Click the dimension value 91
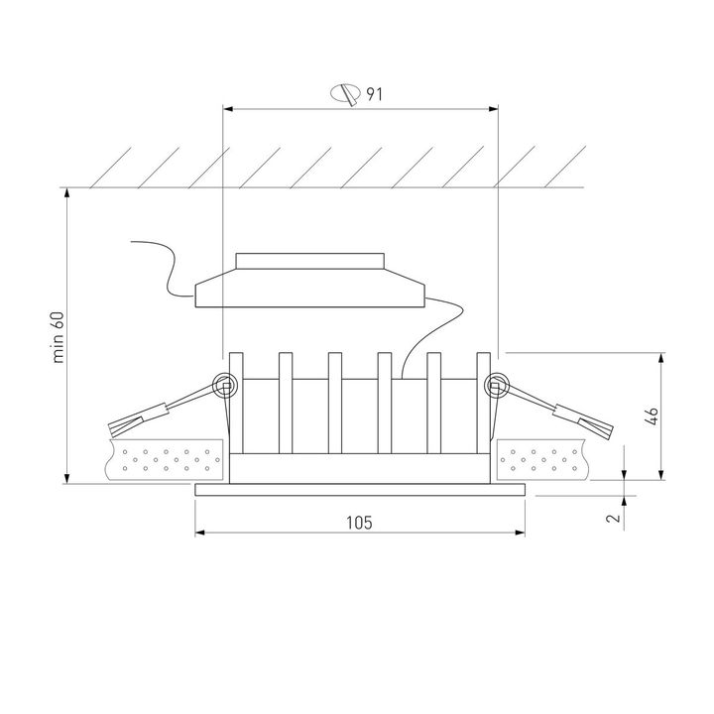(374, 94)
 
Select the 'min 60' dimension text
(59, 338)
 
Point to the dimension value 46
(651, 416)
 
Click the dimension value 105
(360, 522)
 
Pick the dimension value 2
(614, 517)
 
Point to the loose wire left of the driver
(164, 262)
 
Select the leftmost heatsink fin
(235, 397)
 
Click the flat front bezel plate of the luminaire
(360, 489)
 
